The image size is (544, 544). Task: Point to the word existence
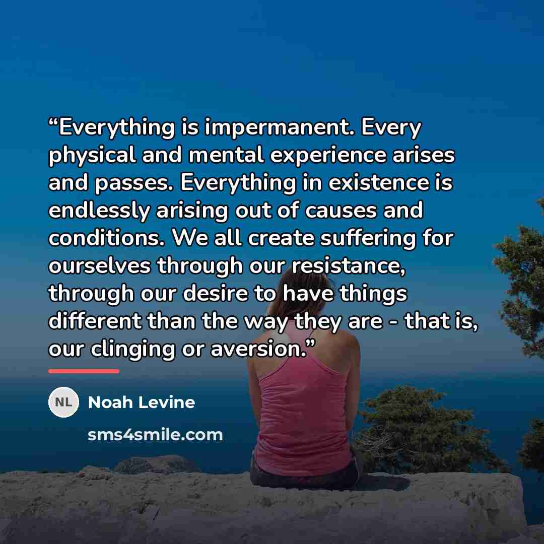(x=378, y=182)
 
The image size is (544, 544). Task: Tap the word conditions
(x=106, y=238)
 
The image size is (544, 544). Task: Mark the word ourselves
(x=100, y=266)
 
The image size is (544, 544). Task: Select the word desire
(x=216, y=294)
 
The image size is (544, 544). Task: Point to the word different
(x=94, y=321)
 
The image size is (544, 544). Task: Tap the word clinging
(x=132, y=350)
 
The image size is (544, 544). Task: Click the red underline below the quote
(x=84, y=371)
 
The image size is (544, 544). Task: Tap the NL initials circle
(x=63, y=402)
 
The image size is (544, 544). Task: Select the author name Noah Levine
(x=142, y=402)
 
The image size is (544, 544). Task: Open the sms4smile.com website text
(x=155, y=435)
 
